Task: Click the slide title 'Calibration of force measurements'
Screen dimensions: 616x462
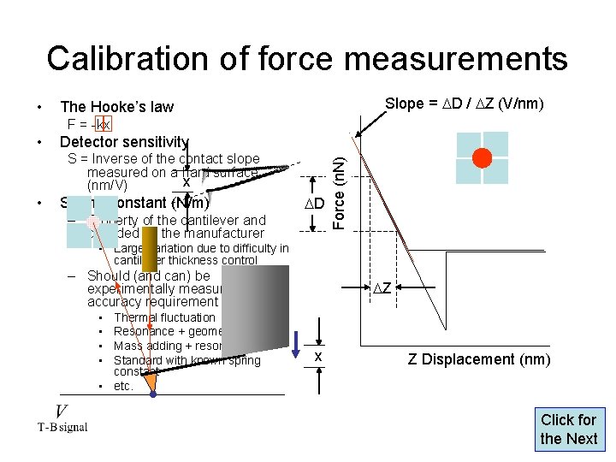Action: coord(307,58)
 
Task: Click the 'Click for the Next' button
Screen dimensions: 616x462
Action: coord(568,429)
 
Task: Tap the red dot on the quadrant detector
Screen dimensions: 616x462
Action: coord(483,158)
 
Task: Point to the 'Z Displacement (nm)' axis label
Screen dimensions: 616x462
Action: coord(479,359)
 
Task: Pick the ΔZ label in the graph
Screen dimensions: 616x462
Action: coord(382,288)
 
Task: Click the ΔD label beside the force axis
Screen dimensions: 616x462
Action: coord(315,204)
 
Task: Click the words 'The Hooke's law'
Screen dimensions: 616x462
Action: coord(116,107)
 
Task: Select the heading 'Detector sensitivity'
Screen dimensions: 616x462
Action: coord(124,141)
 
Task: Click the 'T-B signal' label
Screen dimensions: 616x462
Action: coord(62,428)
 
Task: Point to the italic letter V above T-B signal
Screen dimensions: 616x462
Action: coord(62,412)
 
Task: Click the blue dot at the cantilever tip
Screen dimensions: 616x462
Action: coord(153,395)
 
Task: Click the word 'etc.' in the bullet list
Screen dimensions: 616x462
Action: coord(124,386)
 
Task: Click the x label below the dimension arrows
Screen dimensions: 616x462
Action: coord(317,356)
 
